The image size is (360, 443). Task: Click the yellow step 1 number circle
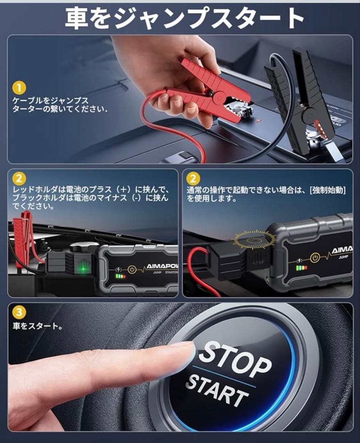pos(19,88)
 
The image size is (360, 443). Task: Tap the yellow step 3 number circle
pos(19,312)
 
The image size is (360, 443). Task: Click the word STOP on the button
pos(235,359)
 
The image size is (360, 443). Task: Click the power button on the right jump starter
pos(315,257)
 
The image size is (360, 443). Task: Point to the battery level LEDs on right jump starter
pos(301,267)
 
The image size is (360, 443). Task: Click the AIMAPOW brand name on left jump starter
pos(162,266)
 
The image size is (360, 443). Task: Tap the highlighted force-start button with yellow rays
pos(254,240)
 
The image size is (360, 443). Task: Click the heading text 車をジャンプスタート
pos(185,18)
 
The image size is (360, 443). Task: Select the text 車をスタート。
pos(37,327)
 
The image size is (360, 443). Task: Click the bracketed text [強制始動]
pos(328,190)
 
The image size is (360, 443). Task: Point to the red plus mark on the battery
pos(258,120)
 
